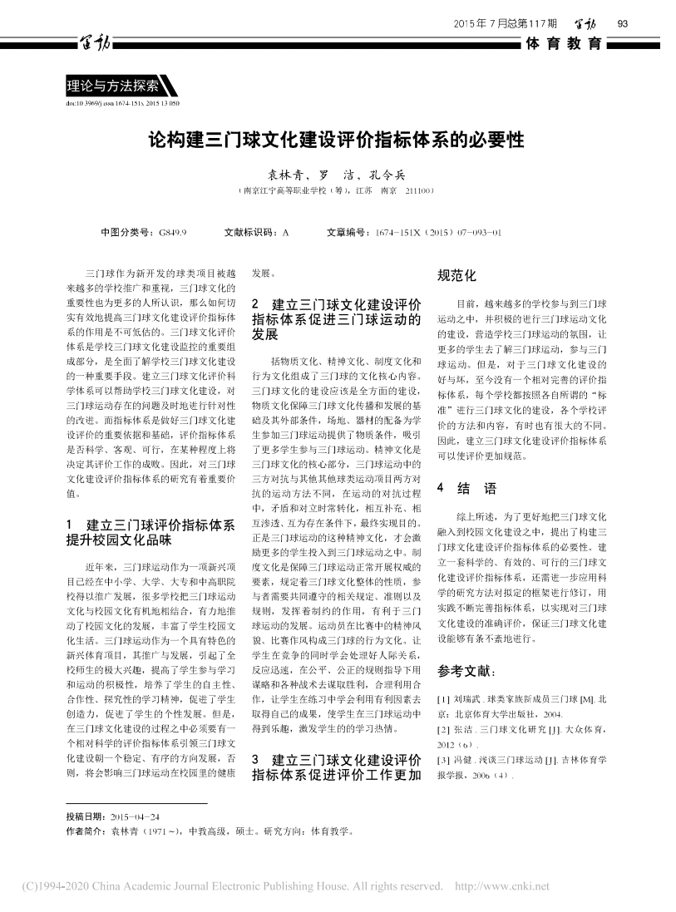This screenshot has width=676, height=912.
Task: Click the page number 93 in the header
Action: coord(621,22)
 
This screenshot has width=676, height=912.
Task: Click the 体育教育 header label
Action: coord(564,44)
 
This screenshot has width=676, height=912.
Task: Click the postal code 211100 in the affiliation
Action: coord(416,190)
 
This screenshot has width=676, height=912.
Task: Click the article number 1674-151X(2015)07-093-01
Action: coord(438,233)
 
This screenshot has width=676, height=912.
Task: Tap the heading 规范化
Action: coord(456,276)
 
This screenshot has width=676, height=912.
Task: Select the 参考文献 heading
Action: coord(466,671)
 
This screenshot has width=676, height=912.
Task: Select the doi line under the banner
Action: coord(122,104)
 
